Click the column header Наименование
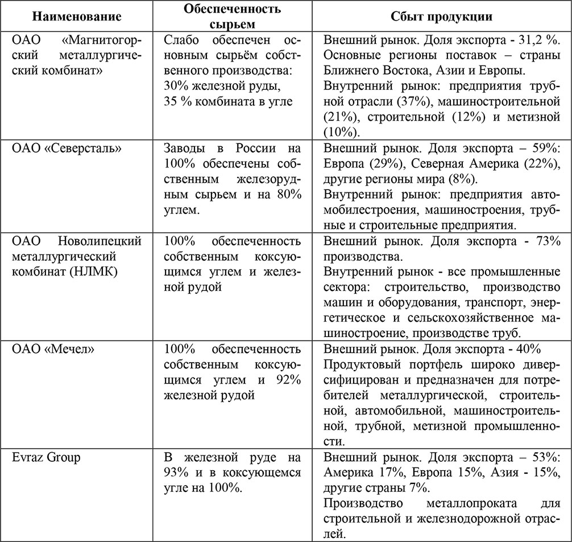coord(77,17)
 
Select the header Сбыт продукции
coord(441,17)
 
